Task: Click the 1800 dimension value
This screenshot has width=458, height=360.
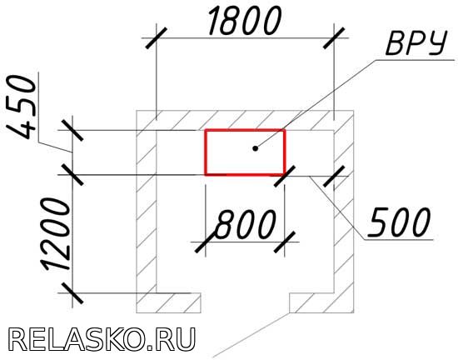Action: tap(245, 21)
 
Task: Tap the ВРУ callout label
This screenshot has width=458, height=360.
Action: tap(416, 43)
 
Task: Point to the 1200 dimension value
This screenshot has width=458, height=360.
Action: tap(57, 234)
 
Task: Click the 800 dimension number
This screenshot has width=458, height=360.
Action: tap(245, 224)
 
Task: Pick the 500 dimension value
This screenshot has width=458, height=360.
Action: tap(398, 222)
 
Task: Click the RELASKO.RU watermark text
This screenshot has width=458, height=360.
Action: tap(102, 339)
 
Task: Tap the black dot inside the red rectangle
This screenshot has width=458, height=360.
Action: tap(256, 148)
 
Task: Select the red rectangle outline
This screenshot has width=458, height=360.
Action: tap(206, 152)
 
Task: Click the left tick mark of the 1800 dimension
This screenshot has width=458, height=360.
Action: tap(157, 38)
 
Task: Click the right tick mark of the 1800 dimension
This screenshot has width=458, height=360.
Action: tap(334, 38)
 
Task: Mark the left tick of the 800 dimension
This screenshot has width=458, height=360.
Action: tap(206, 242)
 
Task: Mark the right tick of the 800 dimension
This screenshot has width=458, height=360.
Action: tap(285, 242)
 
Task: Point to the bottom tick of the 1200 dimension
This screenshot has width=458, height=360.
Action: tap(72, 292)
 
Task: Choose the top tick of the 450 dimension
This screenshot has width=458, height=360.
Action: tap(72, 130)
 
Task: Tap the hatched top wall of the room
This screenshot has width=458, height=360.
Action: tap(245, 120)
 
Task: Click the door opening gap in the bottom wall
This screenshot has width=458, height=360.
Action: tap(245, 303)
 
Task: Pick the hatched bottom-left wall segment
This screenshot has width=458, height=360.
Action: tap(168, 303)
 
